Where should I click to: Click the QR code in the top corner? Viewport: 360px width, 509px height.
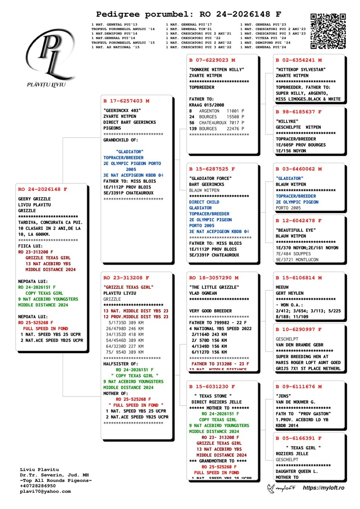328,31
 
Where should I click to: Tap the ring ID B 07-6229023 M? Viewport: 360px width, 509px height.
212,60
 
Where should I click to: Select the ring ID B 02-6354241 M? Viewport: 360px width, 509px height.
299,60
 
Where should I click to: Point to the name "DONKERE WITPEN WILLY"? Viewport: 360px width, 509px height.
217,70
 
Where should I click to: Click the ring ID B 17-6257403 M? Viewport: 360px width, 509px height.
126,101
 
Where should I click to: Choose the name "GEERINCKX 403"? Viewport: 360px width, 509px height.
122,110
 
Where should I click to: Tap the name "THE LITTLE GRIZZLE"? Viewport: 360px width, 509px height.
214,287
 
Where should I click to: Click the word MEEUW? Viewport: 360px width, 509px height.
282,287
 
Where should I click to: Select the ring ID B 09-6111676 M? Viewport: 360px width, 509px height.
299,386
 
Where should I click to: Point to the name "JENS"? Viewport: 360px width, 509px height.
283,396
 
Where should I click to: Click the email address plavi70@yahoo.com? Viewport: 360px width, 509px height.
45,491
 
